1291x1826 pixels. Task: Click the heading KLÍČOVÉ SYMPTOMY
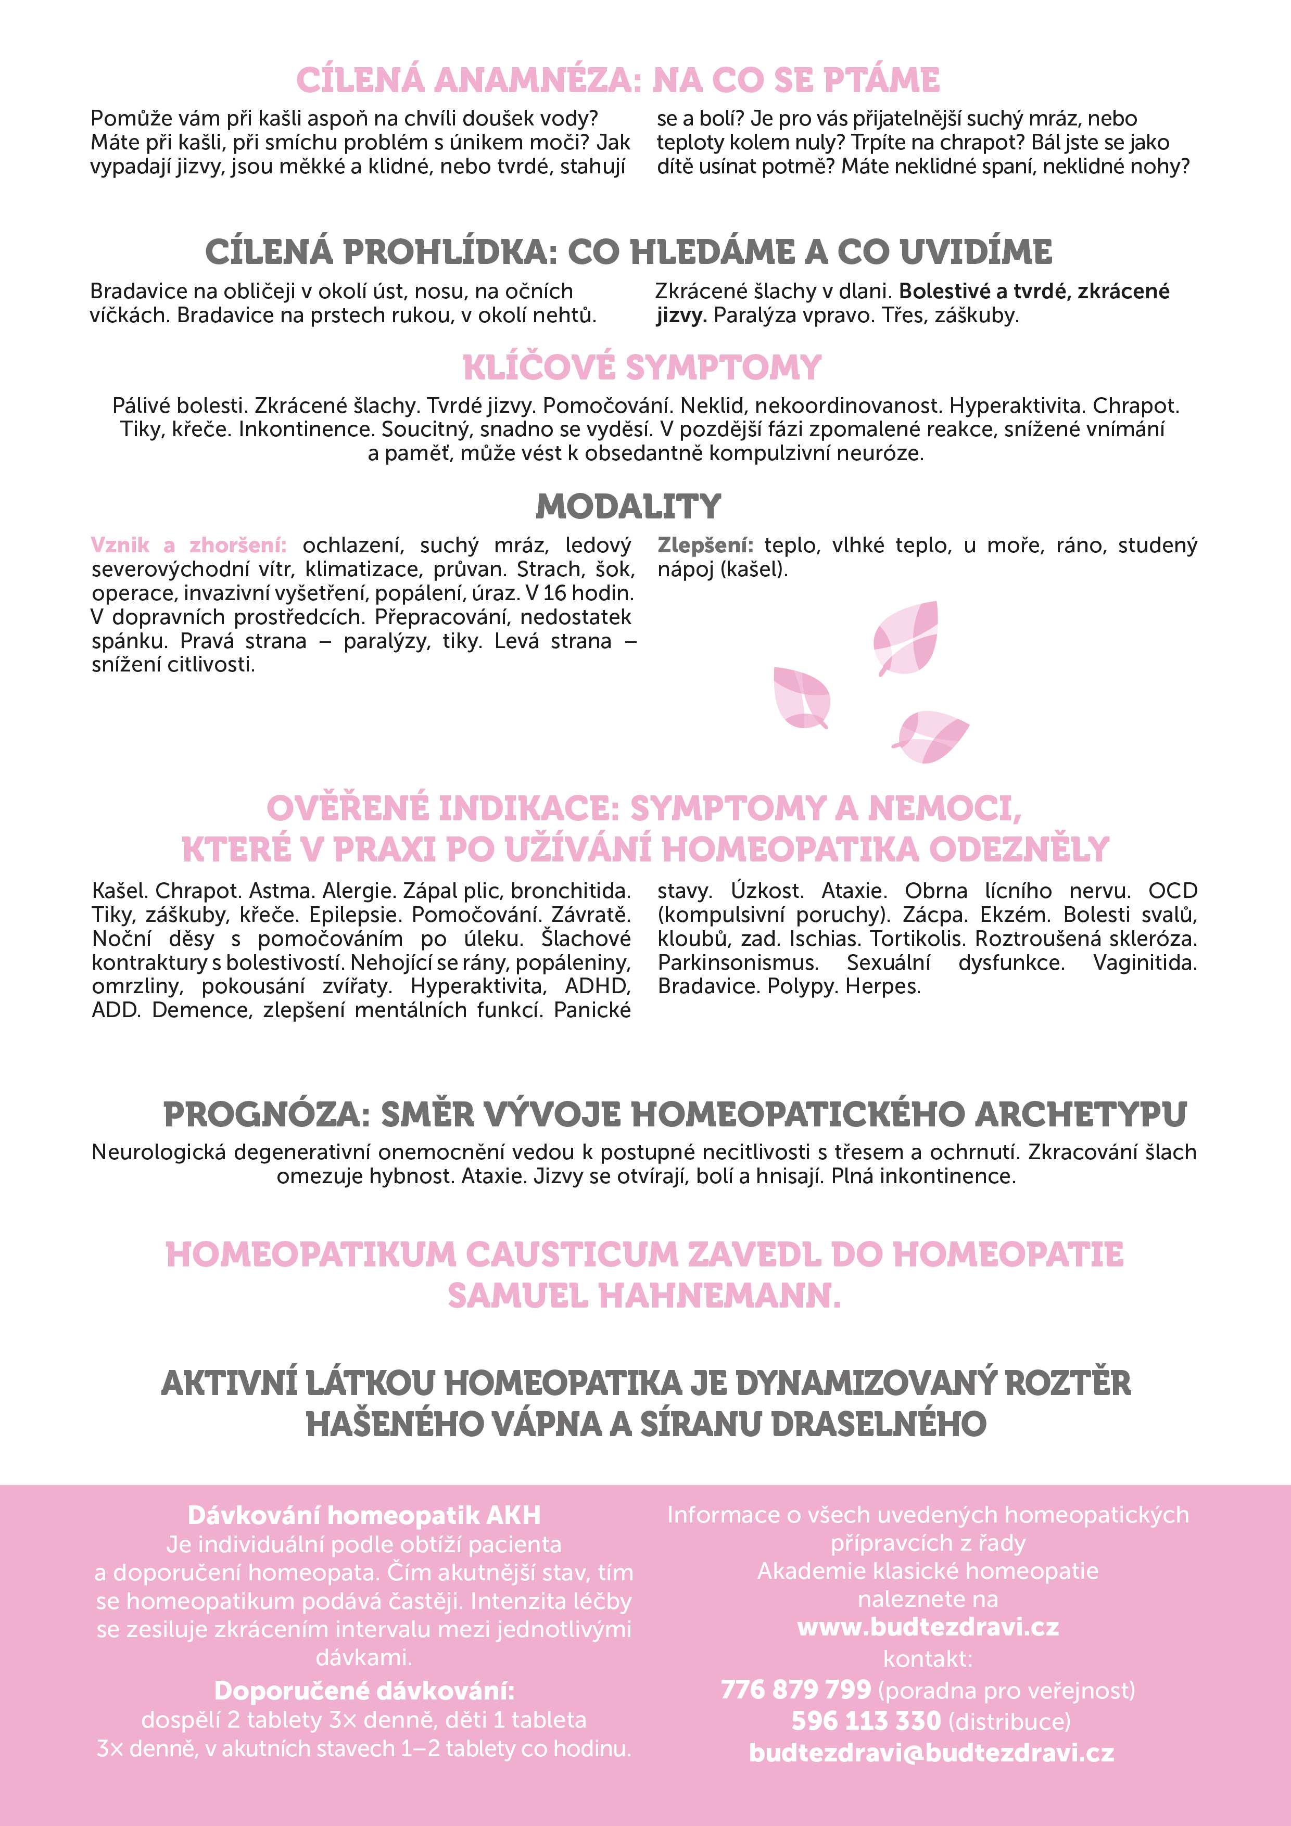[x=642, y=367]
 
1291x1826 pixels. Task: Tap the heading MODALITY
[x=628, y=506]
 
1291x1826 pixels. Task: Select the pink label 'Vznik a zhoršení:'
[x=188, y=546]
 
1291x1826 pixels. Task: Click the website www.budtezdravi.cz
[x=928, y=1627]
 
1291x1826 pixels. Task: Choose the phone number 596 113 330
[x=866, y=1721]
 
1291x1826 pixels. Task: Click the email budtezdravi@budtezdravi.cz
[x=931, y=1753]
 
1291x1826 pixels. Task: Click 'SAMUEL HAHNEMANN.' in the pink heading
[x=644, y=1296]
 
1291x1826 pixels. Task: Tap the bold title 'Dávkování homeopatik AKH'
[x=363, y=1515]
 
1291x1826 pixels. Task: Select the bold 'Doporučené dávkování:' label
[x=363, y=1690]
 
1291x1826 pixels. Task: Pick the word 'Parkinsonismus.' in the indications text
[x=737, y=963]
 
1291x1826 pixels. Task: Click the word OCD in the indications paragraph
[x=1172, y=892]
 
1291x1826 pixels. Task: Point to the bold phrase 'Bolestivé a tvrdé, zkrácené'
[x=1034, y=291]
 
